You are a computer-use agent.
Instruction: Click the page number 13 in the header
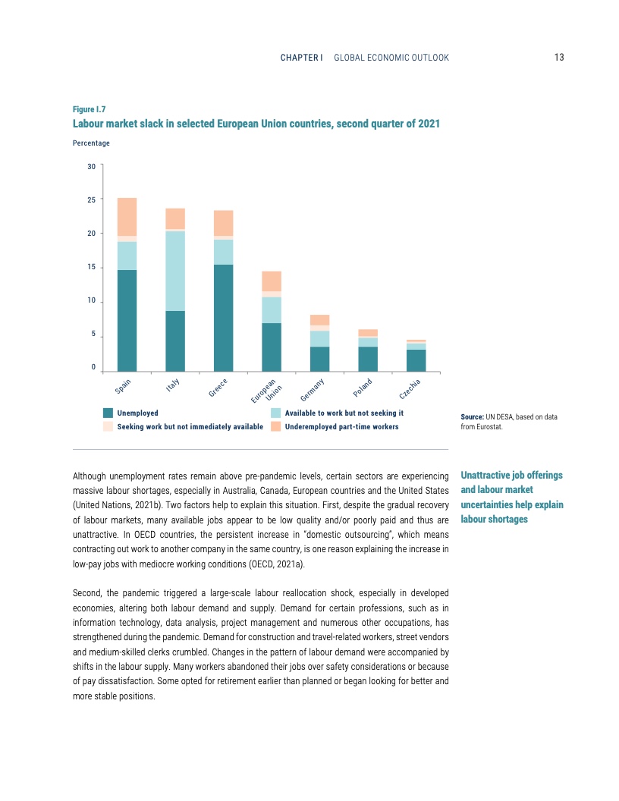click(559, 58)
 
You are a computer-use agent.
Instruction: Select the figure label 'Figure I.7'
click(89, 109)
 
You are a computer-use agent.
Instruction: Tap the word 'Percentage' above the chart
click(91, 143)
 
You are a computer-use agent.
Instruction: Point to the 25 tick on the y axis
click(91, 199)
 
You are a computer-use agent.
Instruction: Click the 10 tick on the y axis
click(91, 301)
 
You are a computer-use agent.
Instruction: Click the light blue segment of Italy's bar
click(175, 271)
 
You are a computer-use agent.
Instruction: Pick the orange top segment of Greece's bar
click(223, 223)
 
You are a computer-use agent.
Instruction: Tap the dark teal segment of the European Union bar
click(272, 347)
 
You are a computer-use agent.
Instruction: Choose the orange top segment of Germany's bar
click(319, 319)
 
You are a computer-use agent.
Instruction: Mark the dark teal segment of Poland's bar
click(368, 359)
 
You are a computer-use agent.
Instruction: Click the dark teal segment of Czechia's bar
click(416, 360)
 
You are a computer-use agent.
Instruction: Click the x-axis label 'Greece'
click(218, 387)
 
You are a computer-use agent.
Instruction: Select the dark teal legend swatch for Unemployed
click(108, 413)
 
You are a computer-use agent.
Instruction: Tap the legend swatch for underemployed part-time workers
click(275, 427)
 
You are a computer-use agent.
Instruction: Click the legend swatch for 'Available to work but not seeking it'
click(275, 413)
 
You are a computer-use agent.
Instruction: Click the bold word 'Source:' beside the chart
click(473, 417)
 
